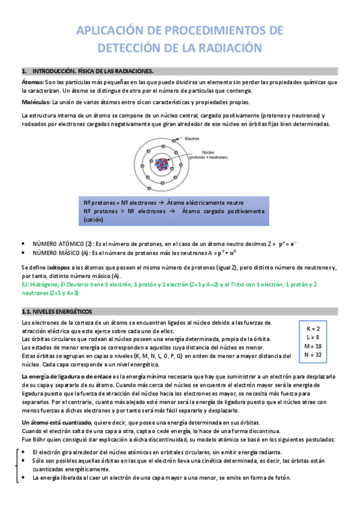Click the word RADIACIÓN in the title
(229, 48)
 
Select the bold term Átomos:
(32, 82)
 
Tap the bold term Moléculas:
(35, 102)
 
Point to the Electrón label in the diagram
(192, 138)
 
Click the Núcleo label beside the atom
(209, 152)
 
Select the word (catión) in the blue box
(94, 220)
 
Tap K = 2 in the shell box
(313, 329)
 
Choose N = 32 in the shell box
(313, 355)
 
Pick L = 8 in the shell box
(313, 337)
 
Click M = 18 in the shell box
(313, 346)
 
